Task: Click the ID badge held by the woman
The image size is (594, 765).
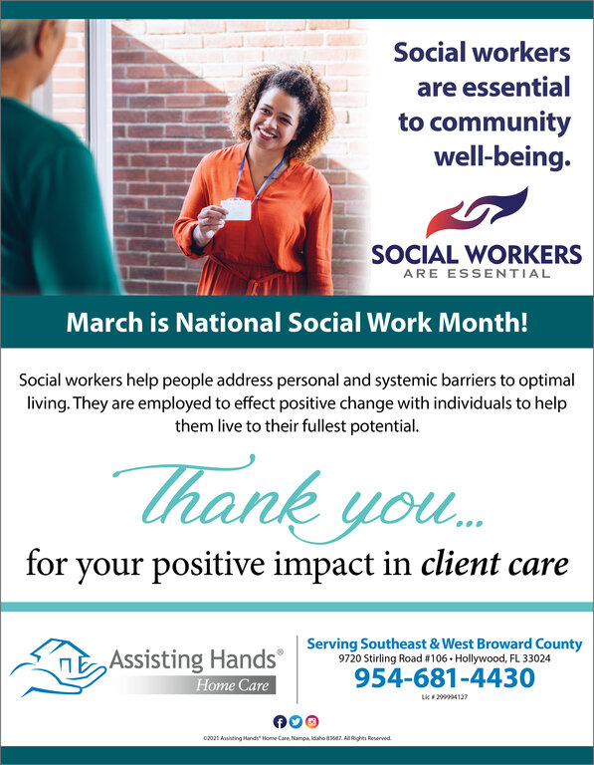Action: (x=237, y=209)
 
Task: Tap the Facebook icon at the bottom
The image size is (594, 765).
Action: (x=280, y=721)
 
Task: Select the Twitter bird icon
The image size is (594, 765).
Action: (x=296, y=721)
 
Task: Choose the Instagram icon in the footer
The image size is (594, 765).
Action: (x=311, y=721)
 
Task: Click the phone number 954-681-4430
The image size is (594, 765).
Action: (x=445, y=677)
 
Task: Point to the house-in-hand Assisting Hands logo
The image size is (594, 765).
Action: (x=58, y=667)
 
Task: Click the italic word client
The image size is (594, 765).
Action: (x=461, y=564)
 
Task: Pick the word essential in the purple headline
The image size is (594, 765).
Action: (x=516, y=88)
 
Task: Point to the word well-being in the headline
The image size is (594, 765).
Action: (x=502, y=157)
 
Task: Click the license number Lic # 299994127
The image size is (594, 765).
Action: (x=445, y=697)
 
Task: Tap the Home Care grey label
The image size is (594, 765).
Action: (x=232, y=685)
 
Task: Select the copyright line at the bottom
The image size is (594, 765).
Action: (x=297, y=738)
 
